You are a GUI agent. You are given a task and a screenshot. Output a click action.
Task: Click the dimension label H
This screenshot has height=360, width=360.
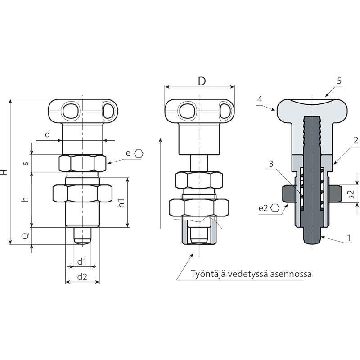tap(4, 172)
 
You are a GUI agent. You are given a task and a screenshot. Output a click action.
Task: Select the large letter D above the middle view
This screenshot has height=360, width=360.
tap(202, 81)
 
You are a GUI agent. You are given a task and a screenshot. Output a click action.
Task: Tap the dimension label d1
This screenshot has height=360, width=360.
tap(82, 261)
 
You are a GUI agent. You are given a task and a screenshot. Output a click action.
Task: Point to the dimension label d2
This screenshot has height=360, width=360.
tap(82, 277)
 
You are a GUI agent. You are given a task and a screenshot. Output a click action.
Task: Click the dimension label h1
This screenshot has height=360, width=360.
tap(121, 203)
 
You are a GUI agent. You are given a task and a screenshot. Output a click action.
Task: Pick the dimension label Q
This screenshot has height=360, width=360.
tap(26, 236)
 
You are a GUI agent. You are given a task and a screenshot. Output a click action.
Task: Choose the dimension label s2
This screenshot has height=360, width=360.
tap(351, 194)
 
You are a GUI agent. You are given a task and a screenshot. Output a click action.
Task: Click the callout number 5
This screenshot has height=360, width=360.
tap(339, 81)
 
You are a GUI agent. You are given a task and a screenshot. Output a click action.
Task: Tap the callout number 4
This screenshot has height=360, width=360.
tap(260, 99)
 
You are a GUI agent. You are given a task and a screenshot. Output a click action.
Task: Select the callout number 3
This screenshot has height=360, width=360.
tap(271, 164)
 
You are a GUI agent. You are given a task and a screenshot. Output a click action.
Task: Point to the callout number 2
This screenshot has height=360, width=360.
tap(356, 140)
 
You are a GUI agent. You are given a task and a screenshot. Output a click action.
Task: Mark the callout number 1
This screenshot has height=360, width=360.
tap(349, 238)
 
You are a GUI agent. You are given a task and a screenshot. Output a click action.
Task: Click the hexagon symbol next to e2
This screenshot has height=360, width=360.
tap(275, 208)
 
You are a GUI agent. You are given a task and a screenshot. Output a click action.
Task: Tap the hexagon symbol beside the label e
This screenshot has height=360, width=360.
tap(139, 153)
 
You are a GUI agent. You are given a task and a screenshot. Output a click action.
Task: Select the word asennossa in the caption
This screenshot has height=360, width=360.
tap(291, 274)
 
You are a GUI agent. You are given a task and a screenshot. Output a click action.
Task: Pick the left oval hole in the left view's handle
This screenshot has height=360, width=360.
tap(71, 111)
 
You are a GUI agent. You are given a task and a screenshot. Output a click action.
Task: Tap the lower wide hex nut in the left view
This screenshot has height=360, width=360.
tap(82, 193)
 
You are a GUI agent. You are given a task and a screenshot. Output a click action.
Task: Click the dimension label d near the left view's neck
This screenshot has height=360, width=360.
tap(47, 134)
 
